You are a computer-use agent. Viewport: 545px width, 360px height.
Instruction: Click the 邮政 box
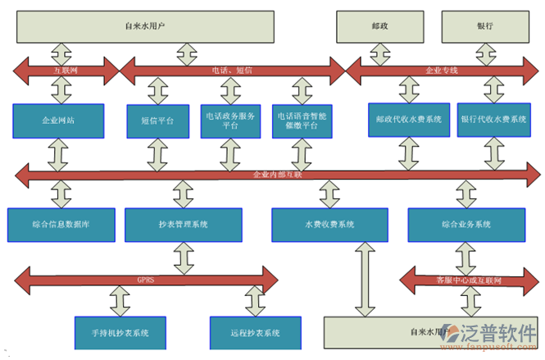pyautogui.click(x=379, y=26)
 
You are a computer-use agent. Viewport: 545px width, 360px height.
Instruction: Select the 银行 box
pyautogui.click(x=484, y=26)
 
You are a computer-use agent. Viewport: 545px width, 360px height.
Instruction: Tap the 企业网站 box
pyautogui.click(x=58, y=120)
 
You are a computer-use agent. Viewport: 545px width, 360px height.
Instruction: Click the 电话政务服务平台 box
pyautogui.click(x=230, y=121)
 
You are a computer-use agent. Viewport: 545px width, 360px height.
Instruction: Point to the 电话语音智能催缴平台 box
pyautogui.click(x=302, y=121)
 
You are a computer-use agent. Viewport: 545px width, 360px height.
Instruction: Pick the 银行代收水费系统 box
pyautogui.click(x=493, y=120)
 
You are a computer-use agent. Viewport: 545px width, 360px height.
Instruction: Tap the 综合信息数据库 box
pyautogui.click(x=61, y=224)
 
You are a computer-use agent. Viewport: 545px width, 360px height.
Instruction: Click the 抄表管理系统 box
pyautogui.click(x=184, y=224)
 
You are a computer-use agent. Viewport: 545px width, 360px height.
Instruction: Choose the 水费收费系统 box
pyautogui.click(x=329, y=224)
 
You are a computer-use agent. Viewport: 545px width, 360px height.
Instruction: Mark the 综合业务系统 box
pyautogui.click(x=466, y=224)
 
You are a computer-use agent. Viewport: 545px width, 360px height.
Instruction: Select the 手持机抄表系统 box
pyautogui.click(x=120, y=332)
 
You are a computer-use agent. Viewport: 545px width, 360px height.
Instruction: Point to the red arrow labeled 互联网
pyautogui.click(x=66, y=71)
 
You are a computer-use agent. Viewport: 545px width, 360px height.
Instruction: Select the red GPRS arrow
pyautogui.click(x=146, y=279)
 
